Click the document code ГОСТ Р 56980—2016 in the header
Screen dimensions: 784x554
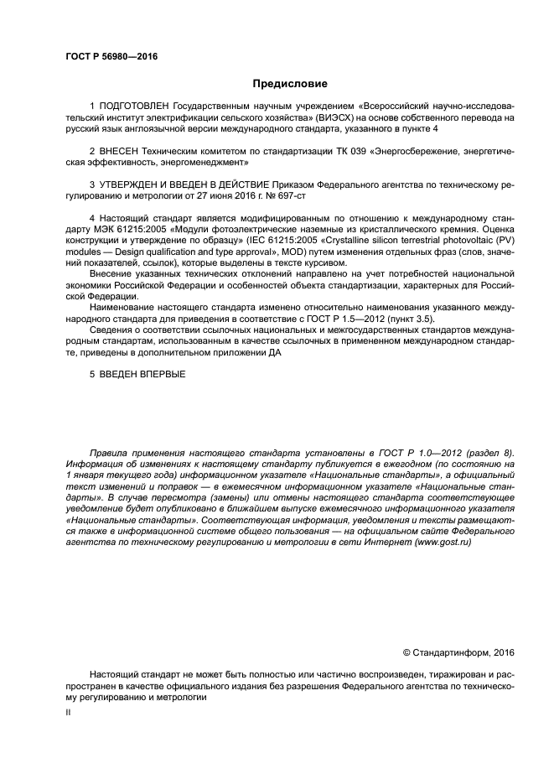(x=111, y=57)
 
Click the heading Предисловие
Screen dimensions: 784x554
(x=290, y=84)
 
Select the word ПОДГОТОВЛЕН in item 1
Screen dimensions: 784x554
(x=134, y=107)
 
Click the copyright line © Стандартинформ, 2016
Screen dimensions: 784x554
(x=458, y=653)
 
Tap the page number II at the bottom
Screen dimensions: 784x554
(x=69, y=712)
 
